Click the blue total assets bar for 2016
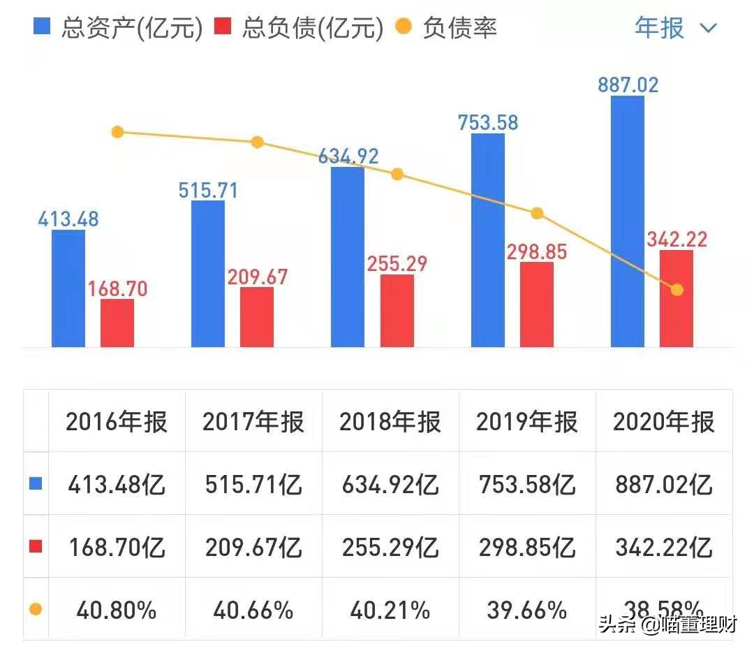tap(68, 288)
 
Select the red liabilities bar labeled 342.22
tap(676, 298)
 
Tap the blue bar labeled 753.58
tap(487, 240)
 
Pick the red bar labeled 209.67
tap(257, 316)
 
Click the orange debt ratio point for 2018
tap(397, 174)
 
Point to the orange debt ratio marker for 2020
tap(677, 289)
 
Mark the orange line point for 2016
tap(117, 132)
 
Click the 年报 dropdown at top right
tap(674, 28)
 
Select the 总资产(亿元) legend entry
tap(119, 28)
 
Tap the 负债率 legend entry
tap(446, 28)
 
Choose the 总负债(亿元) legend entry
tap(300, 28)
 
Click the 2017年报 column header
tap(253, 422)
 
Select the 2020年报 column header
tap(664, 422)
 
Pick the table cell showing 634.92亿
tap(390, 484)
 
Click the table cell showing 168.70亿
tap(117, 547)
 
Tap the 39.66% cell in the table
tap(527, 610)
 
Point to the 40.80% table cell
tap(117, 610)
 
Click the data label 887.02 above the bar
tap(628, 85)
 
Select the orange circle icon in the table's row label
tap(35, 610)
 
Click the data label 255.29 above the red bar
tap(397, 264)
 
